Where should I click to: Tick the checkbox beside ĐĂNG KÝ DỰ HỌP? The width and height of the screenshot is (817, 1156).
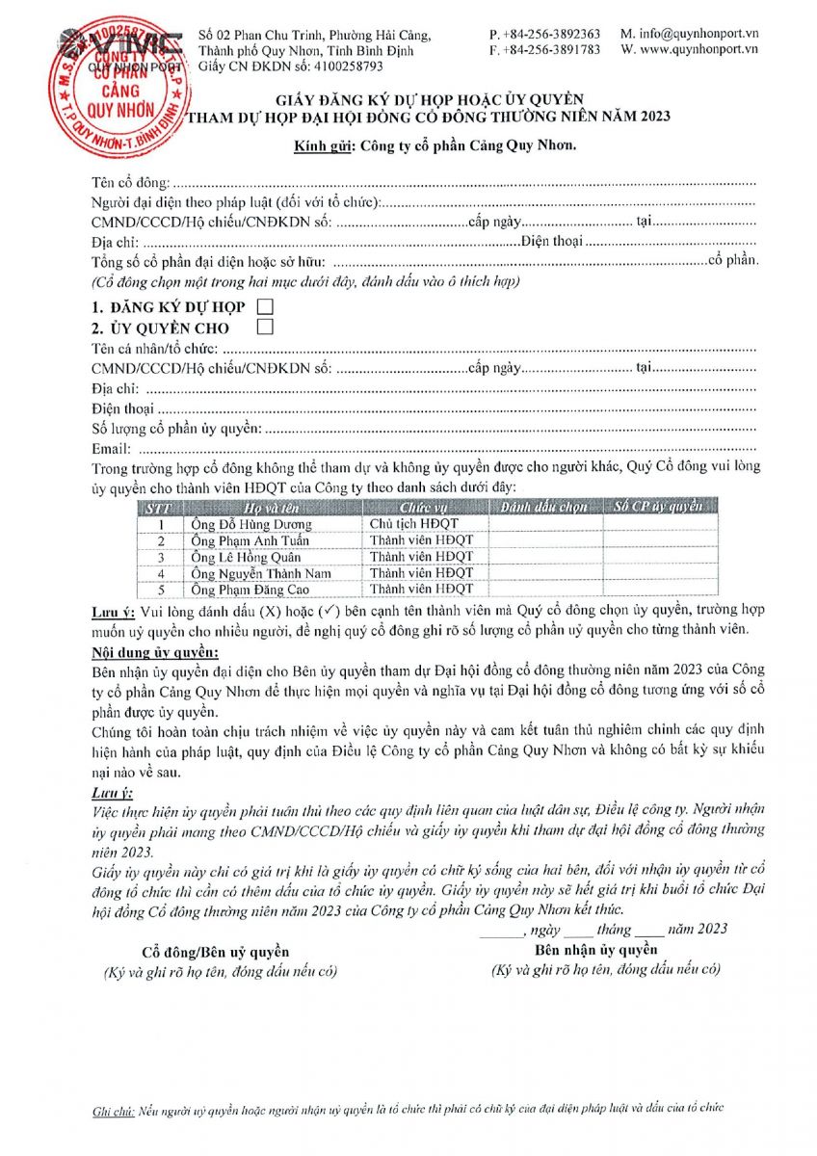click(265, 306)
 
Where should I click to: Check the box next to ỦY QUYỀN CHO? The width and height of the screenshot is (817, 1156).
click(265, 328)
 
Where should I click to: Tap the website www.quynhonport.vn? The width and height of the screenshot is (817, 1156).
click(697, 49)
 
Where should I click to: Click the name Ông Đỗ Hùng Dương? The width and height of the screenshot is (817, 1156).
click(251, 524)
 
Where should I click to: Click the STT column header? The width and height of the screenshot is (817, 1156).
click(159, 507)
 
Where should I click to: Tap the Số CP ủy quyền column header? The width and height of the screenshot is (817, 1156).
click(659, 507)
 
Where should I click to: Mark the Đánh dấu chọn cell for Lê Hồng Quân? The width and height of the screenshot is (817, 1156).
click(545, 557)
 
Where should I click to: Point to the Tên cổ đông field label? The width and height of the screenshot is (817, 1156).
click(130, 182)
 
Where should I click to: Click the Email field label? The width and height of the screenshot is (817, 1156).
click(110, 449)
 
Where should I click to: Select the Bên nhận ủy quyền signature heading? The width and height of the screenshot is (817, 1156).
click(596, 950)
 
